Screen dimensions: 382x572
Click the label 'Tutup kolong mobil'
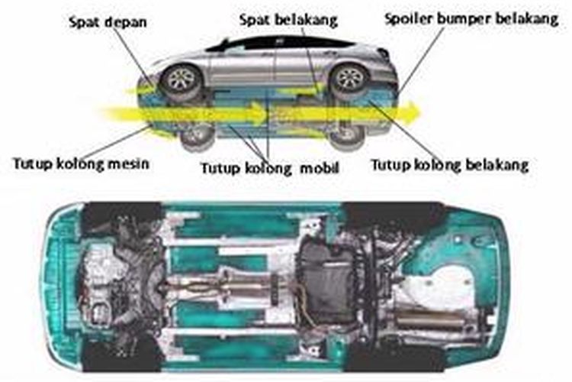(x=269, y=168)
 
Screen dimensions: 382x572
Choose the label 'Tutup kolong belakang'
(x=449, y=164)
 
